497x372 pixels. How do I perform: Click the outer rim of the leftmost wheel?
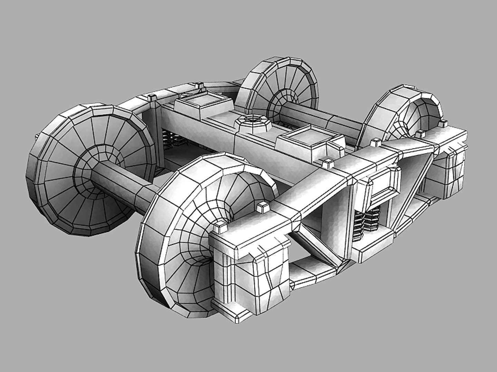pyautogui.click(x=35, y=172)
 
